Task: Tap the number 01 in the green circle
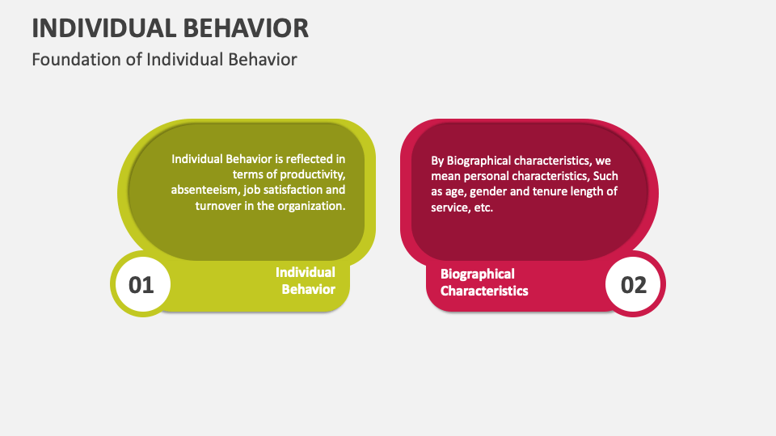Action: pyautogui.click(x=141, y=284)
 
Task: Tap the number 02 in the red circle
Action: pyautogui.click(x=634, y=284)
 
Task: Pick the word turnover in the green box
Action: pyautogui.click(x=219, y=206)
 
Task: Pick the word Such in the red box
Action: pyautogui.click(x=606, y=176)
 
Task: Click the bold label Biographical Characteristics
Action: pyautogui.click(x=483, y=282)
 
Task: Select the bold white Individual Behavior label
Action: pyautogui.click(x=306, y=280)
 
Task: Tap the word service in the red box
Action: pyautogui.click(x=449, y=208)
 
